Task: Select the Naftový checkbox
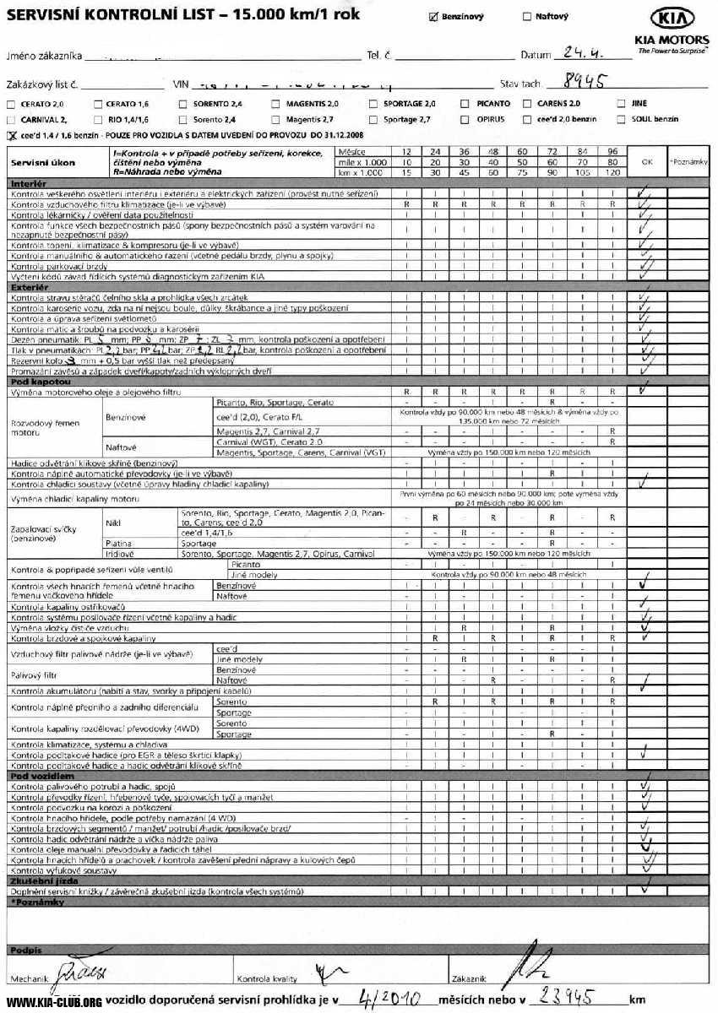(x=528, y=16)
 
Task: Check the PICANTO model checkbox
(x=465, y=104)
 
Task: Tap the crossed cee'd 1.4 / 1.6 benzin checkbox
(x=12, y=135)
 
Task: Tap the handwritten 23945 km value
(x=570, y=998)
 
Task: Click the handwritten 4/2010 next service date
(x=389, y=999)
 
